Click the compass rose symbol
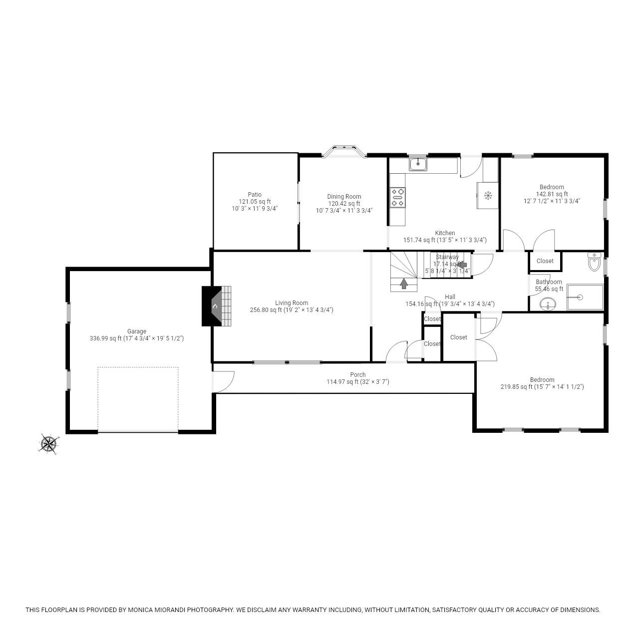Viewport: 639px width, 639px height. click(48, 443)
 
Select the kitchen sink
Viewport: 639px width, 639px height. click(417, 164)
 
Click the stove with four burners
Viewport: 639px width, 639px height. click(398, 197)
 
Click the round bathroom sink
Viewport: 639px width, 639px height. click(548, 304)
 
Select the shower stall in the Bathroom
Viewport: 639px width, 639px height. click(585, 298)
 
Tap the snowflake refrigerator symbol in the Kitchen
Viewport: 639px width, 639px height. click(488, 195)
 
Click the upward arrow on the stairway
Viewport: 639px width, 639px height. click(403, 284)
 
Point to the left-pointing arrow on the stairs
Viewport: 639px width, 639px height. click(461, 265)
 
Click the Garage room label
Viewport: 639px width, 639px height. click(137, 331)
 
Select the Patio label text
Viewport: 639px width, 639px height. click(255, 195)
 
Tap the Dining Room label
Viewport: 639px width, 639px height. click(344, 197)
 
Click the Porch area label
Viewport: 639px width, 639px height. click(357, 374)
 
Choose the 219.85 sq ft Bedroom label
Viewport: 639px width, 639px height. click(542, 379)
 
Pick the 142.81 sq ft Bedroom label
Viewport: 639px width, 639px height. click(552, 187)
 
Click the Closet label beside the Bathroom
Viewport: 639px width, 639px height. click(545, 261)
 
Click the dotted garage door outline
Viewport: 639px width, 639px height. click(138, 399)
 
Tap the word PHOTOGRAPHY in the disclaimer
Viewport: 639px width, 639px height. click(211, 610)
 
